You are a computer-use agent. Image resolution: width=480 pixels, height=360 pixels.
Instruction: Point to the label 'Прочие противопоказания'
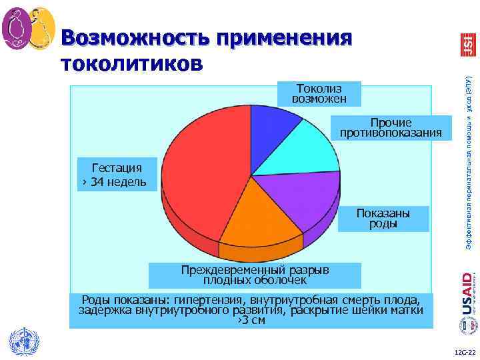391,128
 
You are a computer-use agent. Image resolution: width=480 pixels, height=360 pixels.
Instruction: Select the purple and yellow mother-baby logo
28,27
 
